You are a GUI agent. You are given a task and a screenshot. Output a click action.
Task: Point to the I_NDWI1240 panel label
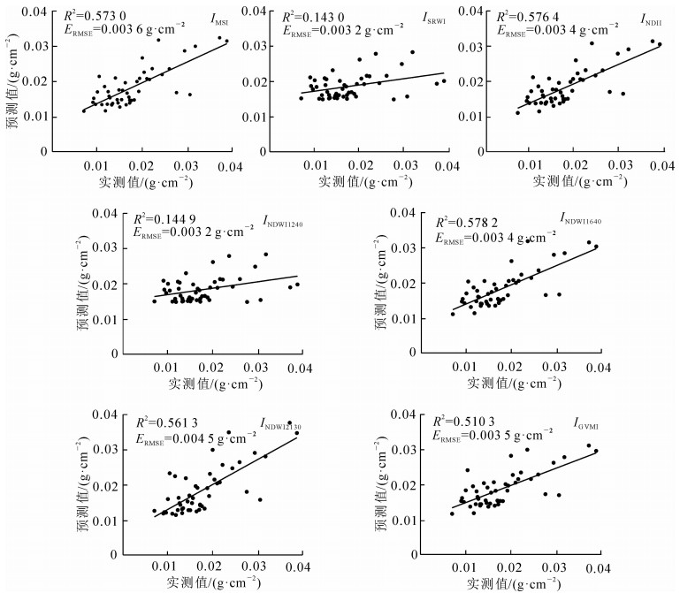288,220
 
